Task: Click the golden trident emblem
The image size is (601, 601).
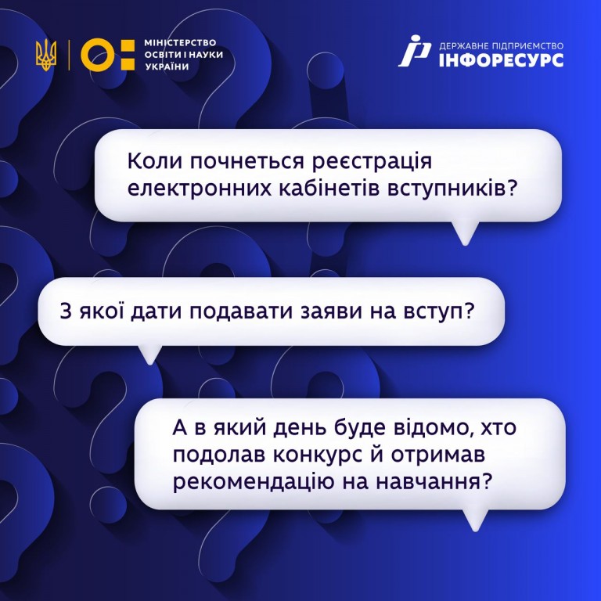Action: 46,56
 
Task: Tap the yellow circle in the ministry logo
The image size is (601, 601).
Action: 97,56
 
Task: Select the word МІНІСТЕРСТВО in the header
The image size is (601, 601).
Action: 180,42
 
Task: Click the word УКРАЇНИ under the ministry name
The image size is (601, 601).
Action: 167,67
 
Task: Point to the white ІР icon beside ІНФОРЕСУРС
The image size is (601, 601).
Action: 414,52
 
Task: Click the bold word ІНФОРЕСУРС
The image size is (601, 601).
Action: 501,60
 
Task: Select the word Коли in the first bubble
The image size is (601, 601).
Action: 153,160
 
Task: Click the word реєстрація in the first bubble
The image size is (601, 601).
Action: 372,163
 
